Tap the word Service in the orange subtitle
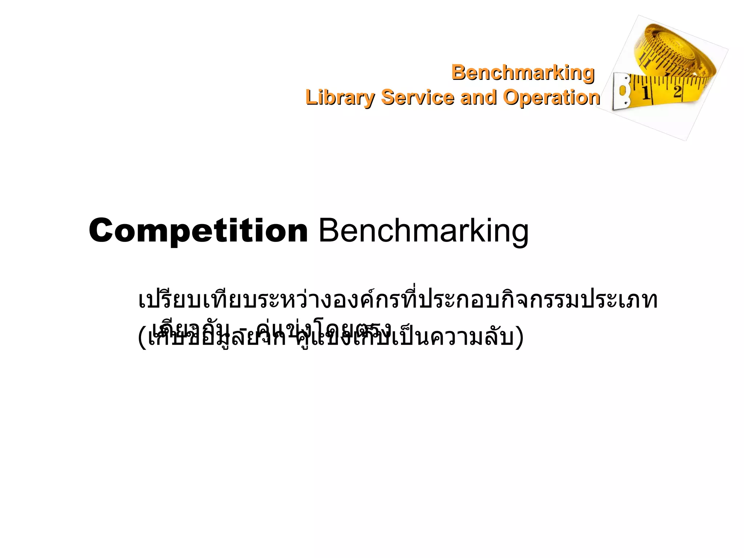(417, 97)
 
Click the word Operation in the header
(551, 97)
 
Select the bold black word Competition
(198, 231)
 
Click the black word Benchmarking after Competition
(423, 231)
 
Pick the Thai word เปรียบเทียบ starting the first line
(191, 300)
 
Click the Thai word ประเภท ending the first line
(619, 300)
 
